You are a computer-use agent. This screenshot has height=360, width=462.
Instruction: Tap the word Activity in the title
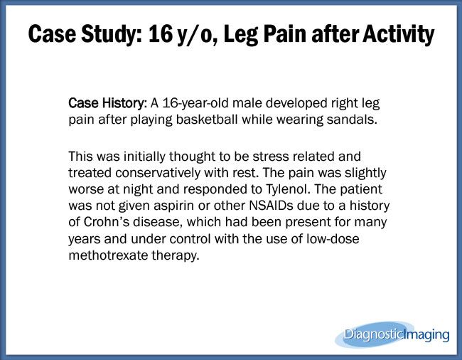coord(399,35)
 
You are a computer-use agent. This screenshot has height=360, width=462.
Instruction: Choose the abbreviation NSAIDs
coord(271,206)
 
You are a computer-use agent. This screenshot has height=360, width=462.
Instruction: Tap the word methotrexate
coord(108,255)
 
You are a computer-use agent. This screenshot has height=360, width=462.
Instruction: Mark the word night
coord(138,189)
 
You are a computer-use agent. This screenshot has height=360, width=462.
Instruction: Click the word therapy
coord(176,255)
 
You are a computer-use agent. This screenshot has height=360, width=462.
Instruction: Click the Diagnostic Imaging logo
coord(392,334)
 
